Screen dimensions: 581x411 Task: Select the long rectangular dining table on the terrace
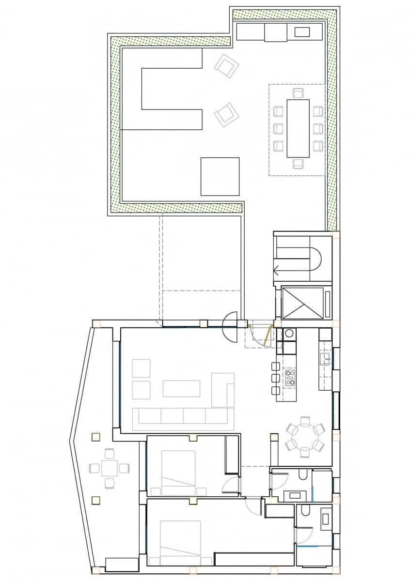tap(298, 128)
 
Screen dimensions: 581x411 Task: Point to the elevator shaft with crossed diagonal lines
tap(302, 303)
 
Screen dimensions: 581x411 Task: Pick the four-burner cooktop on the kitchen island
tap(290, 377)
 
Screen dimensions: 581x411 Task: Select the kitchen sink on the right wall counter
tap(325, 358)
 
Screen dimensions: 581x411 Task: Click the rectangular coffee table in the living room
tap(181, 388)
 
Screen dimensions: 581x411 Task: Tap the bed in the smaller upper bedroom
tap(178, 473)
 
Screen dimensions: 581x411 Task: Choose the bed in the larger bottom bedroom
tap(180, 543)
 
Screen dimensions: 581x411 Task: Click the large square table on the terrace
tap(220, 176)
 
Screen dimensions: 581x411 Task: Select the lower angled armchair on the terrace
tap(226, 115)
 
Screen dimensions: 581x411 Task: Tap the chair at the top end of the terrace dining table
tap(298, 92)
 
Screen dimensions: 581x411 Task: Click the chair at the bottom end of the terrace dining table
tap(299, 163)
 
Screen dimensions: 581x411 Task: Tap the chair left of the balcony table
tap(94, 468)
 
